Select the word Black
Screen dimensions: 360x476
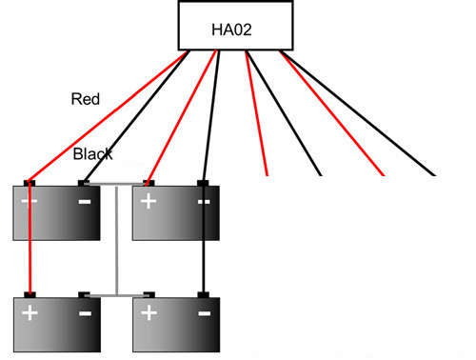click(94, 153)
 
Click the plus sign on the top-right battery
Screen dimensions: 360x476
click(149, 202)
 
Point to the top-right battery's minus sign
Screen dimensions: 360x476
click(204, 202)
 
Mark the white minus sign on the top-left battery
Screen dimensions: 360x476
click(85, 202)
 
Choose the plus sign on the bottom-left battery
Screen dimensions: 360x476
click(30, 313)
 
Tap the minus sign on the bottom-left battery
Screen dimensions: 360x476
click(85, 313)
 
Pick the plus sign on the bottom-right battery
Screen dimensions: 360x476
click(149, 313)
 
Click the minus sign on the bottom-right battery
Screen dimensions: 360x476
click(204, 313)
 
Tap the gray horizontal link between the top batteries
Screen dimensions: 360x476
click(115, 185)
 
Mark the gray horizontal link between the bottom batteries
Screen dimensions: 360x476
click(115, 295)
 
